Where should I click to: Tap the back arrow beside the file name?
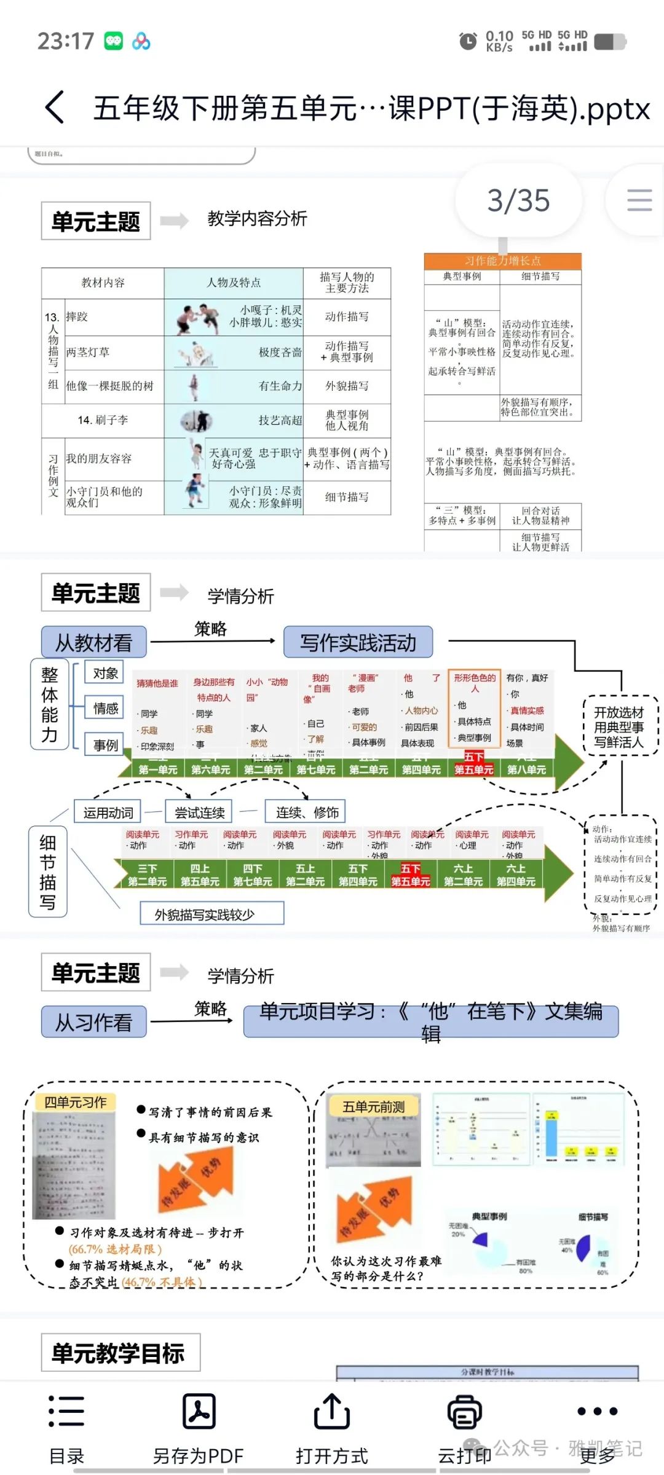click(x=55, y=108)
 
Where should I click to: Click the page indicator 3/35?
click(x=518, y=200)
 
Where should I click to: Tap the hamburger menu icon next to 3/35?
click(x=639, y=200)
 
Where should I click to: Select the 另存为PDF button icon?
click(x=199, y=1411)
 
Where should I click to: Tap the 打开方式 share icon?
click(x=331, y=1411)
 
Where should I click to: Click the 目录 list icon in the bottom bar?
click(x=66, y=1411)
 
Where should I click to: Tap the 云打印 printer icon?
click(x=464, y=1411)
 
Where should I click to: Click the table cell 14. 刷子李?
click(x=103, y=420)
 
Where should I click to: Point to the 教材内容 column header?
click(x=103, y=283)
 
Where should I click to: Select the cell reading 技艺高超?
click(x=280, y=420)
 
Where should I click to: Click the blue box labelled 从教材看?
click(x=93, y=643)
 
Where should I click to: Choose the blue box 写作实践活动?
click(x=358, y=643)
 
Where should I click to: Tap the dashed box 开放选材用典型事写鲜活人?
click(x=619, y=727)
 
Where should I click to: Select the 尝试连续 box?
click(x=200, y=812)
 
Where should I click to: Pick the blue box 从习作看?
click(x=93, y=1022)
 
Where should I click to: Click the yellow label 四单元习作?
click(x=75, y=1103)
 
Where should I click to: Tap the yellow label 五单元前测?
click(x=373, y=1107)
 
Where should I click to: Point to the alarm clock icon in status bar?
click(x=468, y=41)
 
